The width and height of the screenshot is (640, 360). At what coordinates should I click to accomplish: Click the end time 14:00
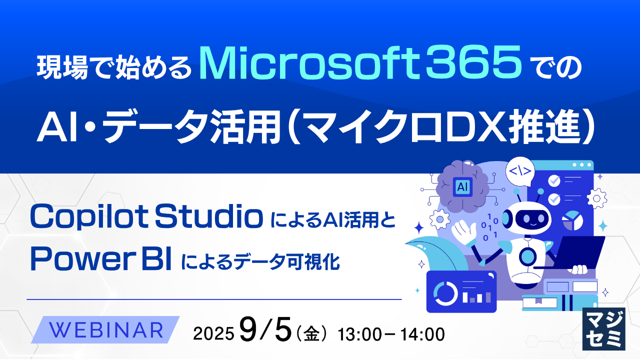pyautogui.click(x=422, y=334)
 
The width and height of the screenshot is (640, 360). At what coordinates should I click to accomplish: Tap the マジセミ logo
pyautogui.click(x=604, y=328)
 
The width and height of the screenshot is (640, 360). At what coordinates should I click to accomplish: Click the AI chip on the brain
pyautogui.click(x=462, y=187)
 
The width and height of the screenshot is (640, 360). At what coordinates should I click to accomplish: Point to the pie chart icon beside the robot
pyautogui.click(x=572, y=220)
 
